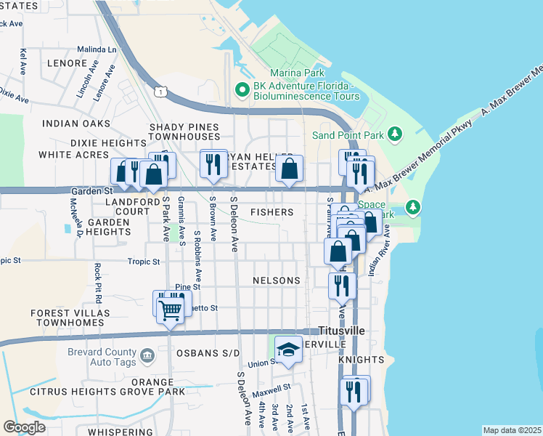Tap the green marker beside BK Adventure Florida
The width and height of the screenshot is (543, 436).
(242, 90)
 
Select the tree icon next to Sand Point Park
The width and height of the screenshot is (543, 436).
(395, 134)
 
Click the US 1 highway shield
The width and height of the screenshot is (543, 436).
(161, 90)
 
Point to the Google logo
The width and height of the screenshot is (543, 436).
(24, 427)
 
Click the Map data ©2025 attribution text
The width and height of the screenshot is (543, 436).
(512, 430)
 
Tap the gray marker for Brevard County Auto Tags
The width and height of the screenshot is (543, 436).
(147, 355)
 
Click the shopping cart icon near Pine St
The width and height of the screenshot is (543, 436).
(170, 310)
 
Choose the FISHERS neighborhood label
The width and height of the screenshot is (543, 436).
(271, 212)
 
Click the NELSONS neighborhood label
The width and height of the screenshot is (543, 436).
(276, 280)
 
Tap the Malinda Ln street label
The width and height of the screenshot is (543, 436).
(97, 50)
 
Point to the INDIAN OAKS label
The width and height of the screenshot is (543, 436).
(76, 124)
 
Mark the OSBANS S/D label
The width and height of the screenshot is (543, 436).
(208, 353)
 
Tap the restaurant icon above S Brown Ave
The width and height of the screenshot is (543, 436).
(213, 163)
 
